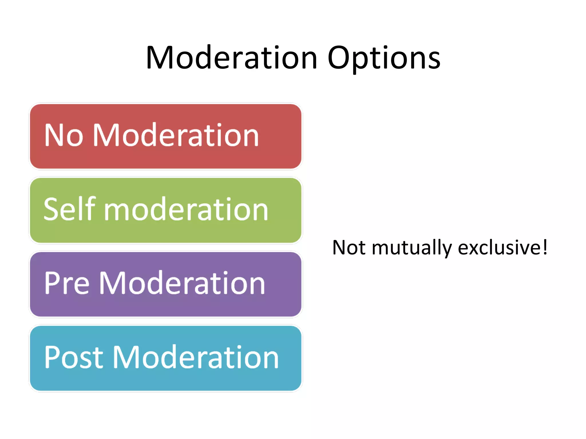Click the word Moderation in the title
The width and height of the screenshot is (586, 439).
[x=232, y=58]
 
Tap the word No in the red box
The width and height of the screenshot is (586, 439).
[x=64, y=135]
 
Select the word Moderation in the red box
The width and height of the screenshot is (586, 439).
[x=176, y=135]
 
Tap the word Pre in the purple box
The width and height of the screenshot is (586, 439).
[x=67, y=283]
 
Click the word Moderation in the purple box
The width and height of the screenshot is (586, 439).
[x=182, y=283]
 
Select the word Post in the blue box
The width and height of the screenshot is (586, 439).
[x=74, y=357]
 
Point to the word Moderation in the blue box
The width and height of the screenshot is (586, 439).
[x=196, y=357]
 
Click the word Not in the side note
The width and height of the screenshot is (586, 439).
[x=349, y=248]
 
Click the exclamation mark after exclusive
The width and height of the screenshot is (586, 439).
[x=545, y=247]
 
